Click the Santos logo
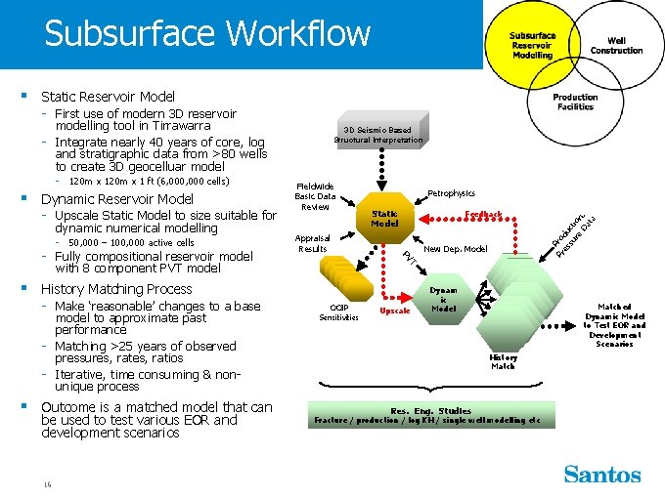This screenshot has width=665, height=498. (601, 475)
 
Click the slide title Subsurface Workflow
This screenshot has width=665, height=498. (207, 34)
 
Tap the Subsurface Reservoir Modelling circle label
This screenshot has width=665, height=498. (532, 46)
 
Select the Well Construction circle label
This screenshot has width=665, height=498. (616, 46)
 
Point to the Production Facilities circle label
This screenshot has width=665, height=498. (575, 102)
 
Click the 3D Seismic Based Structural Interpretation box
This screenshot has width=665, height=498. (378, 135)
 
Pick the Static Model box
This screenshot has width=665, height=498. (384, 218)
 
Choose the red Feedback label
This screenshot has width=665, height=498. (483, 214)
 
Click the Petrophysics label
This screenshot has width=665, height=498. (451, 193)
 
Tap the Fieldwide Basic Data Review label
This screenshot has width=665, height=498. (315, 196)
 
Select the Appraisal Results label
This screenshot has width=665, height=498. (313, 243)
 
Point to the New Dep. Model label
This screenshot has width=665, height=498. (456, 248)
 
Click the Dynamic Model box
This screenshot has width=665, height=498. (443, 300)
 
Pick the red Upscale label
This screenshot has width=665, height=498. (394, 311)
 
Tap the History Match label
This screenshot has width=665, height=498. (503, 361)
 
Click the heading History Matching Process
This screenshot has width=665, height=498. (115, 289)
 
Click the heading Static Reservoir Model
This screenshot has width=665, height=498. (108, 97)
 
